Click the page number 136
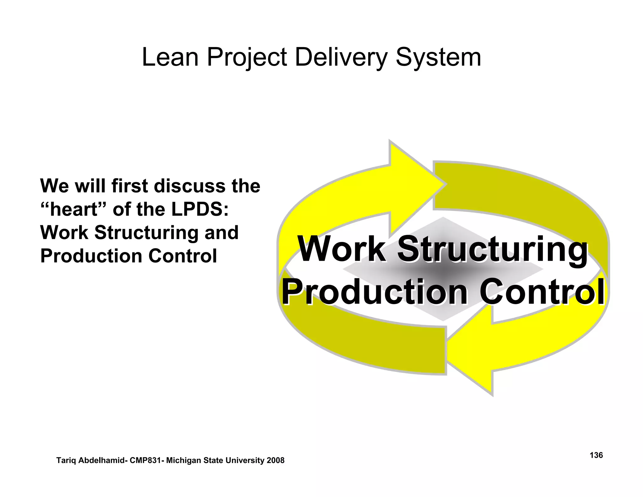coord(596,455)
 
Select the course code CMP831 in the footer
coord(146,461)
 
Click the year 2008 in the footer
coord(275,461)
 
